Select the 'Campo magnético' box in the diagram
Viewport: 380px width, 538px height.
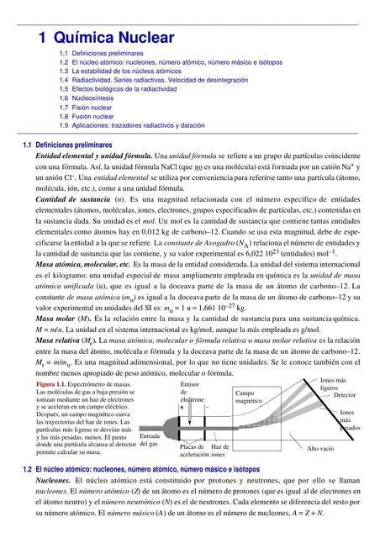tap(248, 398)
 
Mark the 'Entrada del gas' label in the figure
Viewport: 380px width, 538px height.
tap(149, 440)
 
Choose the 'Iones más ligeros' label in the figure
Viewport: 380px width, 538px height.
tap(330, 384)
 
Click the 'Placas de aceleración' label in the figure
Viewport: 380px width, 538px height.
tap(189, 451)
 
